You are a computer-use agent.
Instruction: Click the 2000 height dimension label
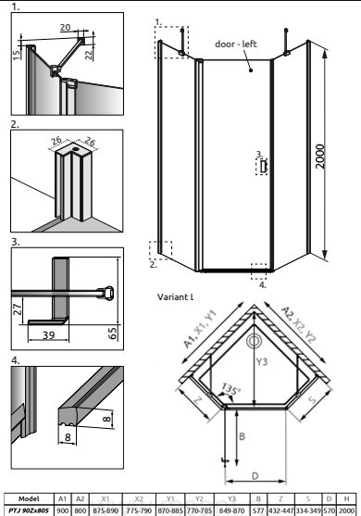[x=320, y=157]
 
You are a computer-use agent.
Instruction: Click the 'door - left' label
[x=236, y=44]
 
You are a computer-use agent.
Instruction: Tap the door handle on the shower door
[x=263, y=167]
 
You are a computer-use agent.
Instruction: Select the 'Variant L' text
[x=176, y=296]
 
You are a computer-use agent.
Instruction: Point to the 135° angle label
[x=230, y=390]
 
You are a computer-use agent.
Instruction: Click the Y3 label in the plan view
[x=262, y=361]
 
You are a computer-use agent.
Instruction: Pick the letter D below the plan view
[x=255, y=476]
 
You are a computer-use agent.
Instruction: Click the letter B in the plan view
[x=242, y=436]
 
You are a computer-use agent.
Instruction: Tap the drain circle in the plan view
[x=254, y=341]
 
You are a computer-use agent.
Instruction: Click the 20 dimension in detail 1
[x=65, y=27]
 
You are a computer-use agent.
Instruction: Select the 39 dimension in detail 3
[x=48, y=335]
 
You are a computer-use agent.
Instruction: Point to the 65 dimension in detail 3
[x=112, y=334]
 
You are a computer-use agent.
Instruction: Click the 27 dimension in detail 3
[x=17, y=309]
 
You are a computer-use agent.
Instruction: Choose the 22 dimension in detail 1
[x=89, y=55]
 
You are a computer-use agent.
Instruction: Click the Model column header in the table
[x=29, y=499]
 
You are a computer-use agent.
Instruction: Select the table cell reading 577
[x=258, y=510]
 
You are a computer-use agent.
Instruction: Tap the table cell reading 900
[x=62, y=510]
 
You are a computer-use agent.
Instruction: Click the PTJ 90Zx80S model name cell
[x=29, y=510]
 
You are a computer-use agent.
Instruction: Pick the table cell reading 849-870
[x=232, y=510]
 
